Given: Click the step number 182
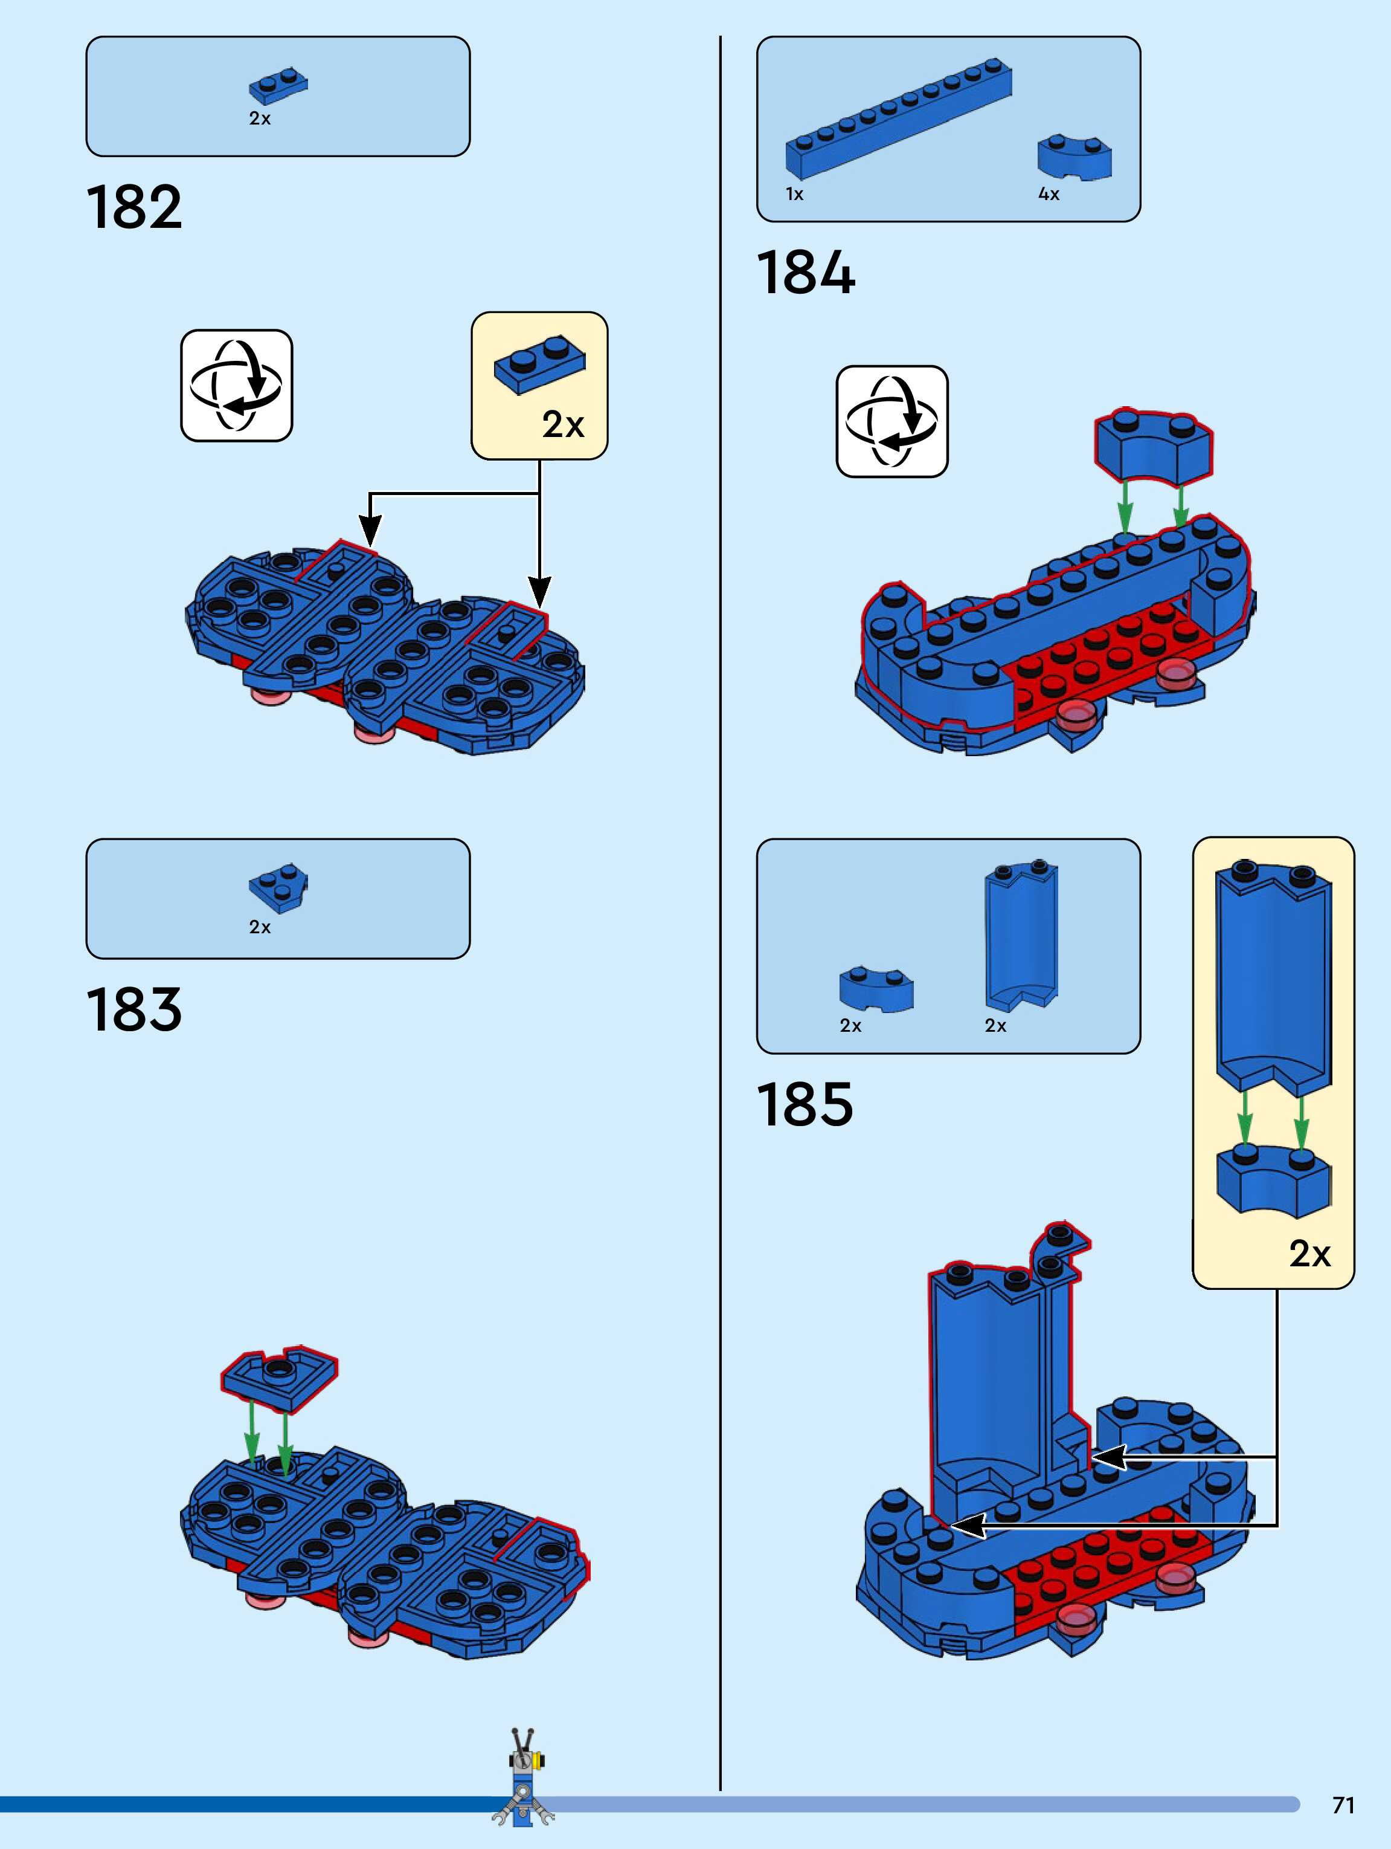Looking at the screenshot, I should (x=133, y=207).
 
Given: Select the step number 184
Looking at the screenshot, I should (x=805, y=273).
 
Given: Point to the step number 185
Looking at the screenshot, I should (x=805, y=1104).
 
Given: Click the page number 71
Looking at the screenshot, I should (x=1343, y=1805).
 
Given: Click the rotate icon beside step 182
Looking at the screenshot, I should (x=236, y=386).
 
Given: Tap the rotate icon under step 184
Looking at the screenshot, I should (x=891, y=421).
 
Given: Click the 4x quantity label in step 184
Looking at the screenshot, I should (x=1049, y=194).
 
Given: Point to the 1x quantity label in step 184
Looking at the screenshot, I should (x=794, y=194).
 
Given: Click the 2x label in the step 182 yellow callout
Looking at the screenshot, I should (x=562, y=425).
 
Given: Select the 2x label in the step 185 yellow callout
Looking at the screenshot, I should (x=1309, y=1253).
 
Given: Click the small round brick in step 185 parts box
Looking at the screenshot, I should (x=876, y=989).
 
